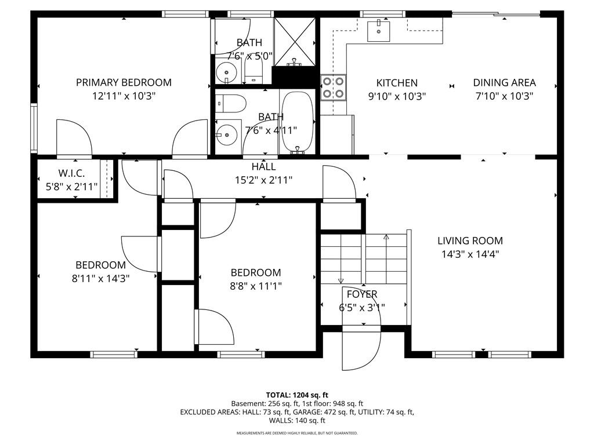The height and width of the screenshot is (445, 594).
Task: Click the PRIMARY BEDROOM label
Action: point(124,82)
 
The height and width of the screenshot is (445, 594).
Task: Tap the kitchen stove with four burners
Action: point(334,87)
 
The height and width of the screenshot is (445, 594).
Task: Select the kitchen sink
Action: point(378,31)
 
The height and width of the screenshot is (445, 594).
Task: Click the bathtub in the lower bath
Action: point(298,122)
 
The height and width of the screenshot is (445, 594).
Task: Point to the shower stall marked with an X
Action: point(295,42)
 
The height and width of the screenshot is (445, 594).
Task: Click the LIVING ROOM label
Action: point(470,240)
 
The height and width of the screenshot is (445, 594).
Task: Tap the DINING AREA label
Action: point(504,82)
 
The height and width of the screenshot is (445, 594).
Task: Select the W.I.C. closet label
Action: point(71,173)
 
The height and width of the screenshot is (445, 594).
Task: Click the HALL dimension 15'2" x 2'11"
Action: point(264,180)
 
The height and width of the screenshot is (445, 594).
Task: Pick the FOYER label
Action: point(362,294)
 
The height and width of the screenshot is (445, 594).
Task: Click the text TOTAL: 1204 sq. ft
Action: point(297,395)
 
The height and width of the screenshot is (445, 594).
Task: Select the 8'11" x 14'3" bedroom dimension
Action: point(101,279)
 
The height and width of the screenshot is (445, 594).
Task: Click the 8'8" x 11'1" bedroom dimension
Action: point(256,286)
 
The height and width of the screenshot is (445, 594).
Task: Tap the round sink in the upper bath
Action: point(227,72)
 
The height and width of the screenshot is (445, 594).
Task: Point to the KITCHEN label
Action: point(397,83)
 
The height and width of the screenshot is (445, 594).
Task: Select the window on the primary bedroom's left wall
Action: point(34,128)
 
